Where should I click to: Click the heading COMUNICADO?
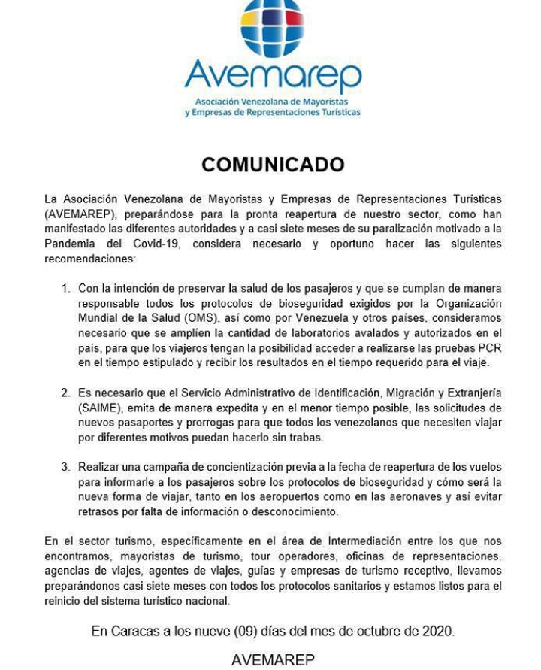273,165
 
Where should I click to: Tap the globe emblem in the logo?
271,27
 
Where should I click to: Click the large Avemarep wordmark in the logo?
273,75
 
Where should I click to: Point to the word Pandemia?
70,244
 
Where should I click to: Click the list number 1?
65,289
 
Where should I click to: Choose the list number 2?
65,393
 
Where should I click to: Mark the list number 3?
65,467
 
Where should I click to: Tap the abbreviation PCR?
489,347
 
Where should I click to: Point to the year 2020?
438,631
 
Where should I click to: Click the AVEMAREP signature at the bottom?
273,659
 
